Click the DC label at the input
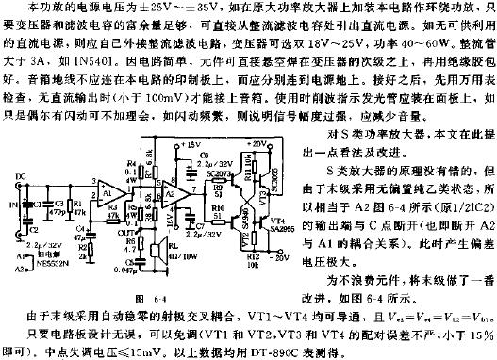21,202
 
